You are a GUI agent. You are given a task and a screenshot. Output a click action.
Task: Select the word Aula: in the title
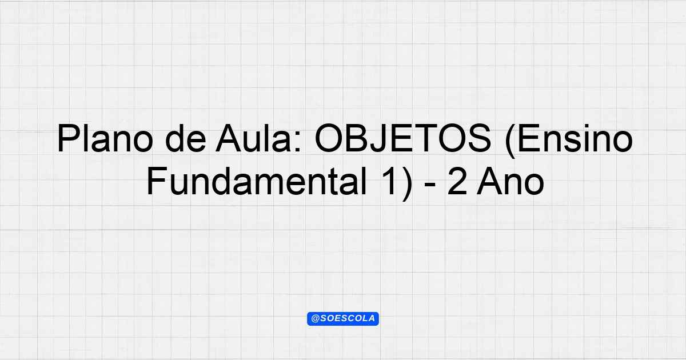point(259,138)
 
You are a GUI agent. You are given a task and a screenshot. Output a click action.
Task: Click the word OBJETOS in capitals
point(403,138)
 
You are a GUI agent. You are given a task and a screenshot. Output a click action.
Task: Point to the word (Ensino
point(568,139)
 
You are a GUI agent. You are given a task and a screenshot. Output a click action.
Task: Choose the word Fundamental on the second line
point(256,181)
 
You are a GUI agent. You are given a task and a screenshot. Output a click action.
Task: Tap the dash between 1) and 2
point(430,185)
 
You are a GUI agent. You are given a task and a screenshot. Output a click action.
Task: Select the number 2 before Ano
point(457,181)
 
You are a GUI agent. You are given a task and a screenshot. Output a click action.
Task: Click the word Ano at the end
point(510,181)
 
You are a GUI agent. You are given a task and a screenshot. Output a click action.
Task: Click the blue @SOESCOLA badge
point(343,319)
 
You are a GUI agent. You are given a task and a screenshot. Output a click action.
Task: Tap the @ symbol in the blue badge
point(316,318)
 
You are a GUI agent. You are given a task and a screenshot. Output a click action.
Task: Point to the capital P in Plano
point(67,138)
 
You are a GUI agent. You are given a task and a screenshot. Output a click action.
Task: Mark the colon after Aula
point(299,142)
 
